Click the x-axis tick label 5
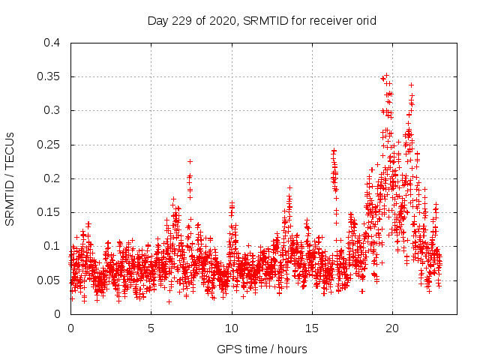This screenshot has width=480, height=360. click(x=151, y=328)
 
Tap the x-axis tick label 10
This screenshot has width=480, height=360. click(x=231, y=328)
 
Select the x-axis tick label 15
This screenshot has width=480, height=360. click(x=311, y=328)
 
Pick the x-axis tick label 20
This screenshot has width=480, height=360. click(x=391, y=328)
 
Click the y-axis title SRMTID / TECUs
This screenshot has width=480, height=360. click(x=10, y=178)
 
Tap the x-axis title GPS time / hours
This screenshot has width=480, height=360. click(x=262, y=349)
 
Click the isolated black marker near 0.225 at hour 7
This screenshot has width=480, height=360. click(x=190, y=161)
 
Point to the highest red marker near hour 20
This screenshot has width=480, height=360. click(x=386, y=76)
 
